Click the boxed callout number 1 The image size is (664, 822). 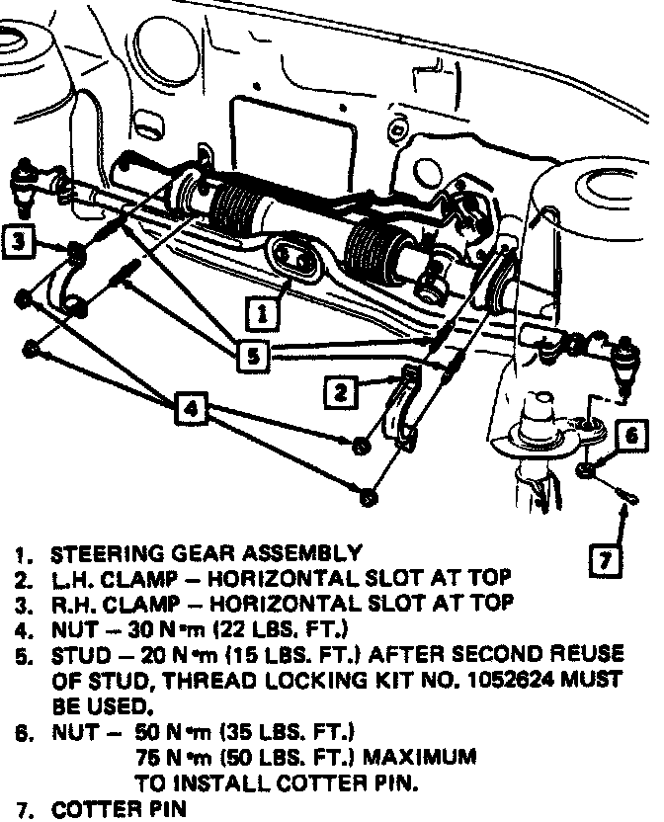point(262,314)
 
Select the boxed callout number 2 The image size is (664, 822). point(340,392)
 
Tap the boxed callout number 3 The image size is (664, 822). point(19,239)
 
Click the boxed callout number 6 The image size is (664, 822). point(633,434)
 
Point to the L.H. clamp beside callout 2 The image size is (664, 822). point(400,410)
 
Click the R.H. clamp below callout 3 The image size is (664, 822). point(71,287)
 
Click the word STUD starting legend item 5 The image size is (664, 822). point(76,655)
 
